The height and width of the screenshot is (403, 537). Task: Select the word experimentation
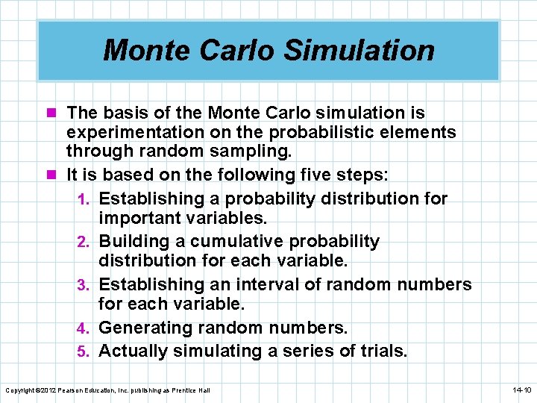pos(135,133)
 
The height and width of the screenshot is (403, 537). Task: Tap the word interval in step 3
pos(260,284)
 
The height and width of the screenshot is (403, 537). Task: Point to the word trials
pos(383,351)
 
